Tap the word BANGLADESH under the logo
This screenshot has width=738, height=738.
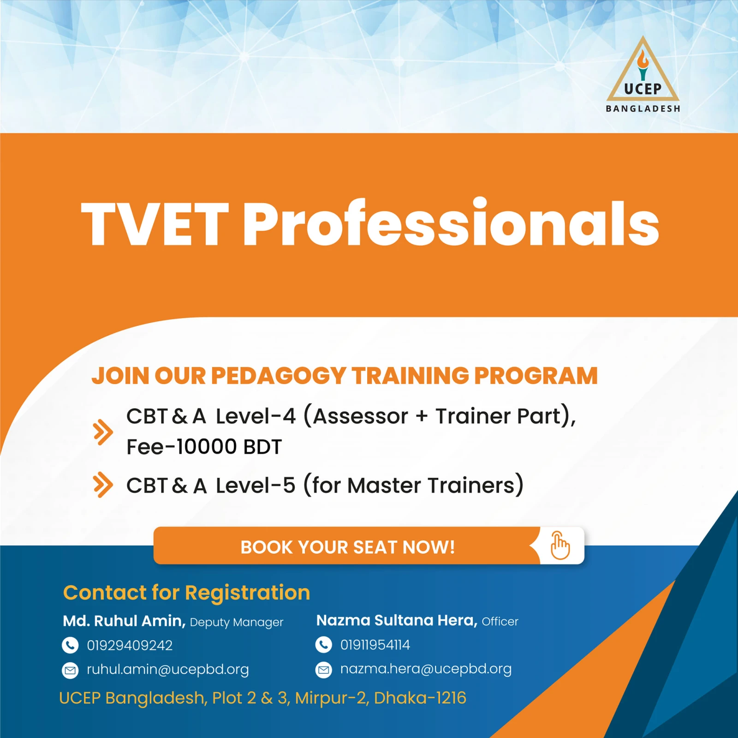(x=643, y=109)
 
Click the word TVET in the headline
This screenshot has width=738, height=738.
(x=155, y=225)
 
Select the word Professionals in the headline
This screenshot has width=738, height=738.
(x=451, y=222)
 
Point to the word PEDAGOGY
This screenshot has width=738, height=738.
(x=279, y=376)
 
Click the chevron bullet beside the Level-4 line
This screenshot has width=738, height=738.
(x=103, y=432)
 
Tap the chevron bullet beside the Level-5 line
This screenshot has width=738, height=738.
(x=103, y=485)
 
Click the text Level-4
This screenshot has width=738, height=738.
(x=256, y=416)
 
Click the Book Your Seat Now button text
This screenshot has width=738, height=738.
(x=348, y=547)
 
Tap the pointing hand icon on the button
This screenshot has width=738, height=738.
(x=560, y=546)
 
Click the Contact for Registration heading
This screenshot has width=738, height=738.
(x=186, y=593)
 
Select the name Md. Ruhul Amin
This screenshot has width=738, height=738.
(x=124, y=621)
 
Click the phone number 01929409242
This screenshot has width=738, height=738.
(x=130, y=645)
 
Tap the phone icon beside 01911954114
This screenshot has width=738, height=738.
(x=324, y=644)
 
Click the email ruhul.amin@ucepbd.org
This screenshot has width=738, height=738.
(x=168, y=670)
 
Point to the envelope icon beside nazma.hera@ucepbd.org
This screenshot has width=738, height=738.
(x=324, y=669)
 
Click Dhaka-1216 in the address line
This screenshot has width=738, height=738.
(x=420, y=698)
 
